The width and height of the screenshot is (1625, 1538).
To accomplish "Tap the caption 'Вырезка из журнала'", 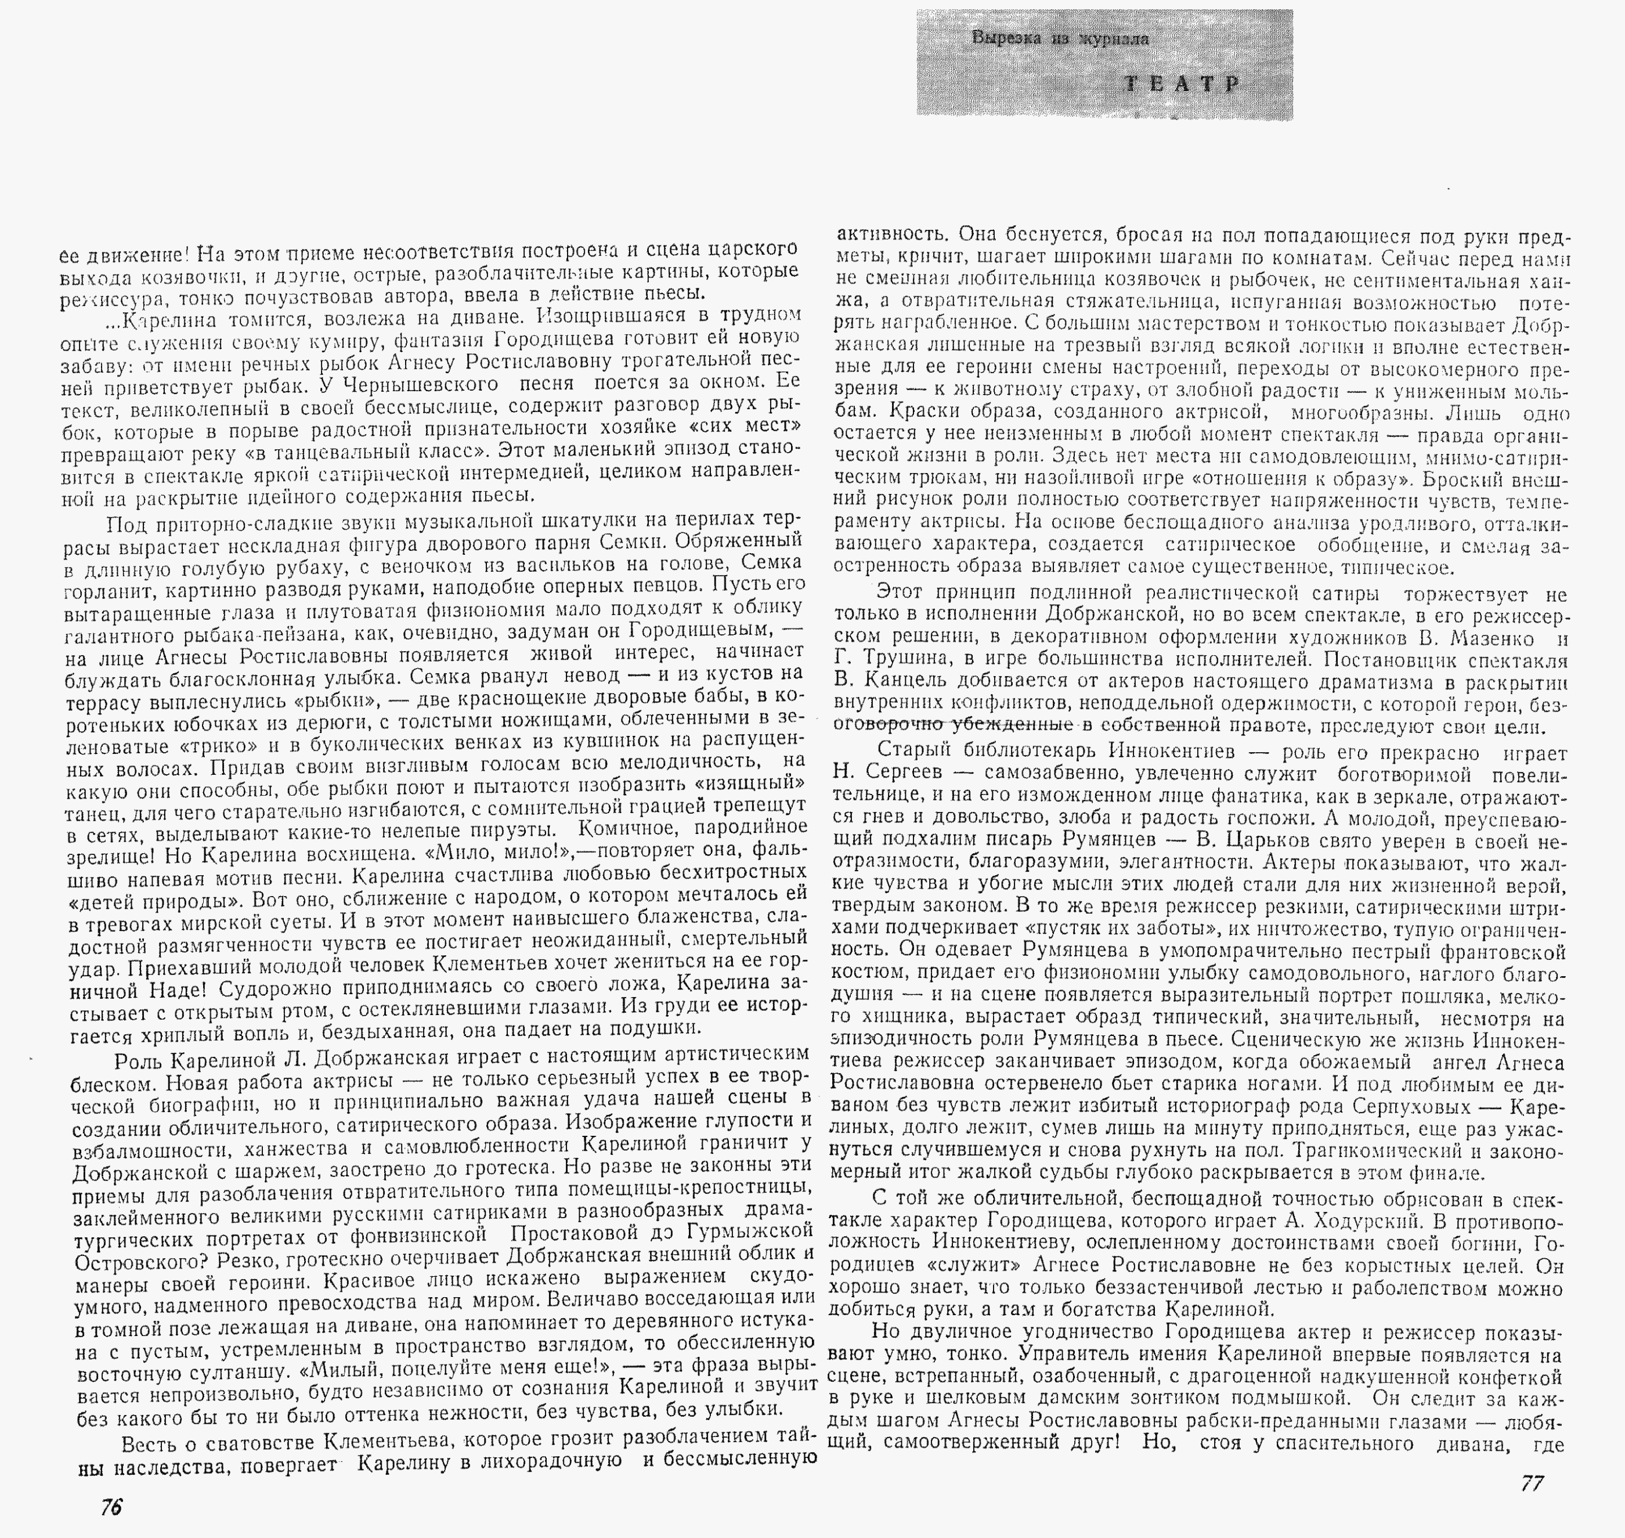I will point(1059,38).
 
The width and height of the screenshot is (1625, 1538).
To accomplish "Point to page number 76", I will point(111,1507).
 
